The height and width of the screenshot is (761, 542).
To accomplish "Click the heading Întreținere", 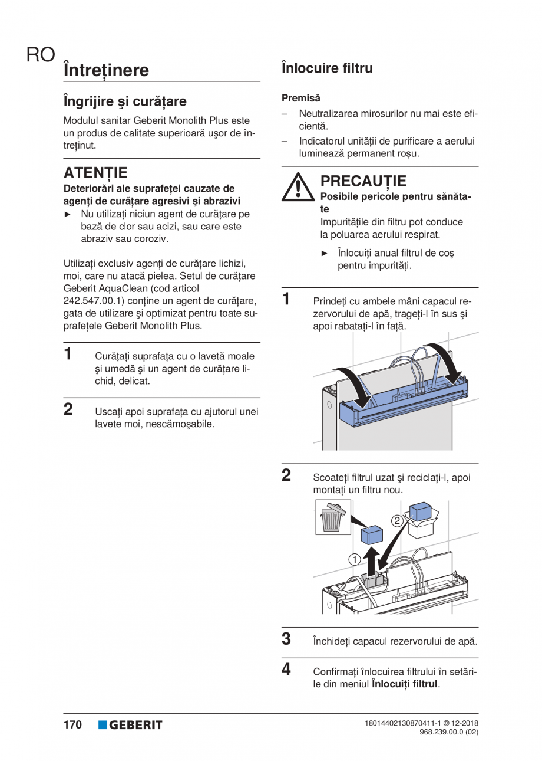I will click(106, 70).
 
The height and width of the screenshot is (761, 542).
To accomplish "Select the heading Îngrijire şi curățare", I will click(125, 101).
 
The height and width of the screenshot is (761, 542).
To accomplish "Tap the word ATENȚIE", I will click(95, 173).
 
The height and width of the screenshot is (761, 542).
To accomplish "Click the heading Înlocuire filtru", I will click(327, 68).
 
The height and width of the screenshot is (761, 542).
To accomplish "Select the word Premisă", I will click(301, 97).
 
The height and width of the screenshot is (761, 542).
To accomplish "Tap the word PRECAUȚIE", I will click(363, 181).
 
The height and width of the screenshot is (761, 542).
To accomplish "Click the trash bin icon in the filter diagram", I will click(333, 517).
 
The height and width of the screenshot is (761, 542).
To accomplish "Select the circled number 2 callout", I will click(398, 520).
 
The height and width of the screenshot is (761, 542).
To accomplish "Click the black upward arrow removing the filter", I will click(371, 560).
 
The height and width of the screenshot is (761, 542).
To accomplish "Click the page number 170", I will click(72, 725).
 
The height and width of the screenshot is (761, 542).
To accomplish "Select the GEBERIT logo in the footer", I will click(130, 725).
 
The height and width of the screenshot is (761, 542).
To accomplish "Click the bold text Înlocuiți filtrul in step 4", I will click(405, 684).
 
